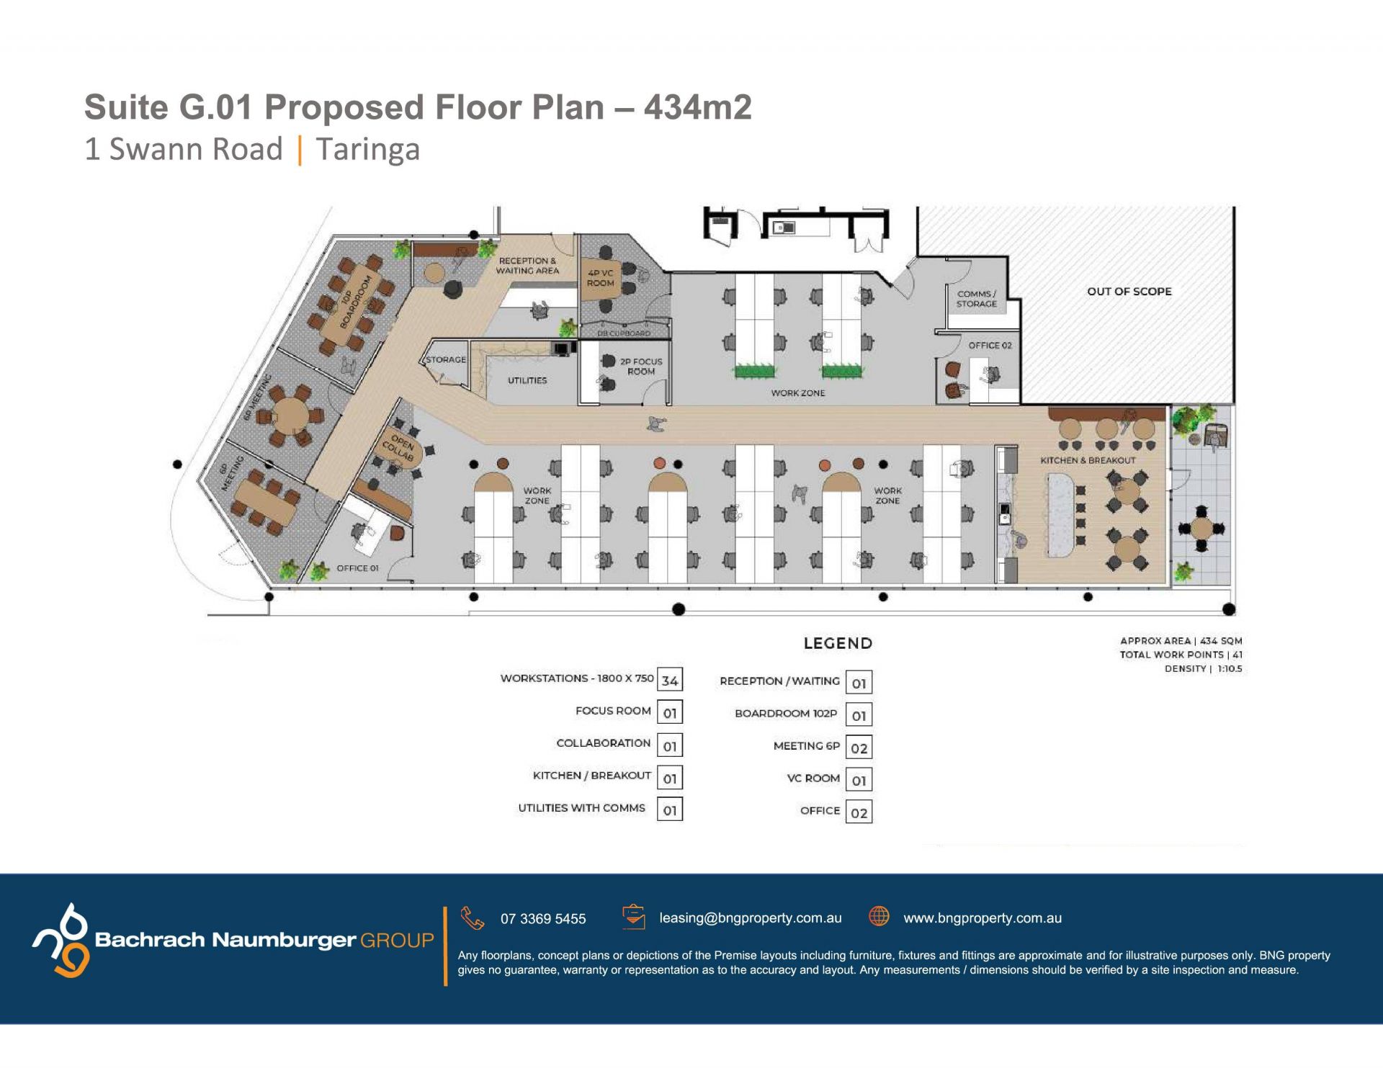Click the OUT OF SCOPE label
click(1129, 292)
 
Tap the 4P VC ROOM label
click(600, 278)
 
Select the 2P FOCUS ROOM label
click(641, 367)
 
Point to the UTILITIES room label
click(527, 380)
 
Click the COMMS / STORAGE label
click(977, 299)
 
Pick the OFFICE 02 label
click(990, 346)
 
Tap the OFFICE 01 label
click(357, 568)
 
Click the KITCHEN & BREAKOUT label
click(1088, 460)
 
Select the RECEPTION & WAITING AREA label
click(527, 266)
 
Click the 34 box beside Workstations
click(670, 680)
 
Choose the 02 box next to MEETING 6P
click(859, 748)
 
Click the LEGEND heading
click(838, 643)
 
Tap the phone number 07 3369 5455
click(543, 919)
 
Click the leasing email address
click(751, 918)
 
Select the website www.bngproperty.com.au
click(983, 918)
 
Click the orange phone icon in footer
click(473, 918)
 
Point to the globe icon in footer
click(879, 916)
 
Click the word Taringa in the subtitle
click(368, 149)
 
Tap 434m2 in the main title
click(697, 107)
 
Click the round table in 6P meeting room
click(289, 416)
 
